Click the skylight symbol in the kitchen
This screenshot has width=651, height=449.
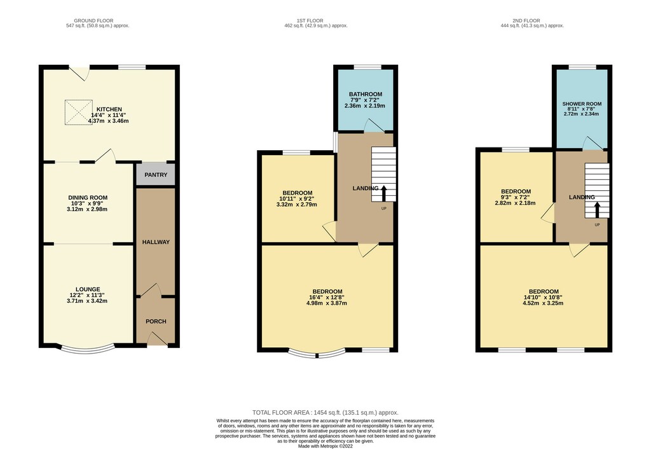(x=78, y=112)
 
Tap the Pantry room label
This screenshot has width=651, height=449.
(x=156, y=175)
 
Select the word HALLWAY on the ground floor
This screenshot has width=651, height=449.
(x=156, y=242)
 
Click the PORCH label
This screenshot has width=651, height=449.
(x=156, y=321)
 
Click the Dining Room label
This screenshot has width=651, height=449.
(x=88, y=198)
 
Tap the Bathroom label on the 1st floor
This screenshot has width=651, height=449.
(x=366, y=94)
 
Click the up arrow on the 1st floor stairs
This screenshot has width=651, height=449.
(x=383, y=193)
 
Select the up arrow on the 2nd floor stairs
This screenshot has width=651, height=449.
(x=597, y=210)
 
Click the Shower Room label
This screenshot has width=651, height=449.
(x=582, y=104)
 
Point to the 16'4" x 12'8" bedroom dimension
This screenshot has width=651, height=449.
(x=327, y=298)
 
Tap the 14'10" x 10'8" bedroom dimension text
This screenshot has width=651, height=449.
(x=544, y=298)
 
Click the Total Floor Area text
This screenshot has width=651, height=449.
(x=325, y=413)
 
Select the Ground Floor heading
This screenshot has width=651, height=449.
(x=93, y=21)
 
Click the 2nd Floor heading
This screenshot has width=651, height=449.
(x=526, y=21)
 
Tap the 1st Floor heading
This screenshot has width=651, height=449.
(x=310, y=21)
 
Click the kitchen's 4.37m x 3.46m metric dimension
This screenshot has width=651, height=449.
(x=108, y=121)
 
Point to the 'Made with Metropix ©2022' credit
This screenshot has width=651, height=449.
(x=325, y=446)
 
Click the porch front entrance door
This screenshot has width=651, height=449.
(x=158, y=338)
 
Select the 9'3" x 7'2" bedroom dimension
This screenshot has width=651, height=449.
(x=516, y=197)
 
